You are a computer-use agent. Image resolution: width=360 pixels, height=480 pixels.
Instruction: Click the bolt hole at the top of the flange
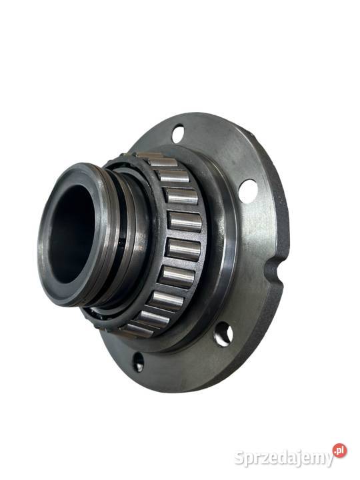click(x=178, y=133)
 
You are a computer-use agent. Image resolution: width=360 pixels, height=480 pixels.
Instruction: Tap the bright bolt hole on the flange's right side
click(x=247, y=191)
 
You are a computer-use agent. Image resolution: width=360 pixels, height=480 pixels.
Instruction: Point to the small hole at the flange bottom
click(x=138, y=362)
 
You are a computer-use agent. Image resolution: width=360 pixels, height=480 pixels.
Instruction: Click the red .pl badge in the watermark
click(x=340, y=451)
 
